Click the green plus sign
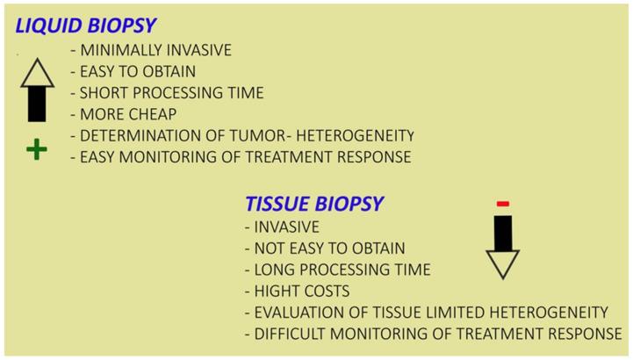point(36,150)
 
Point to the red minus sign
point(503,204)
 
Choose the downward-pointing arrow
point(503,248)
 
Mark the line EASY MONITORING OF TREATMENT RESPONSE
point(240,157)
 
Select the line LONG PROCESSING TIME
point(336,270)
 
